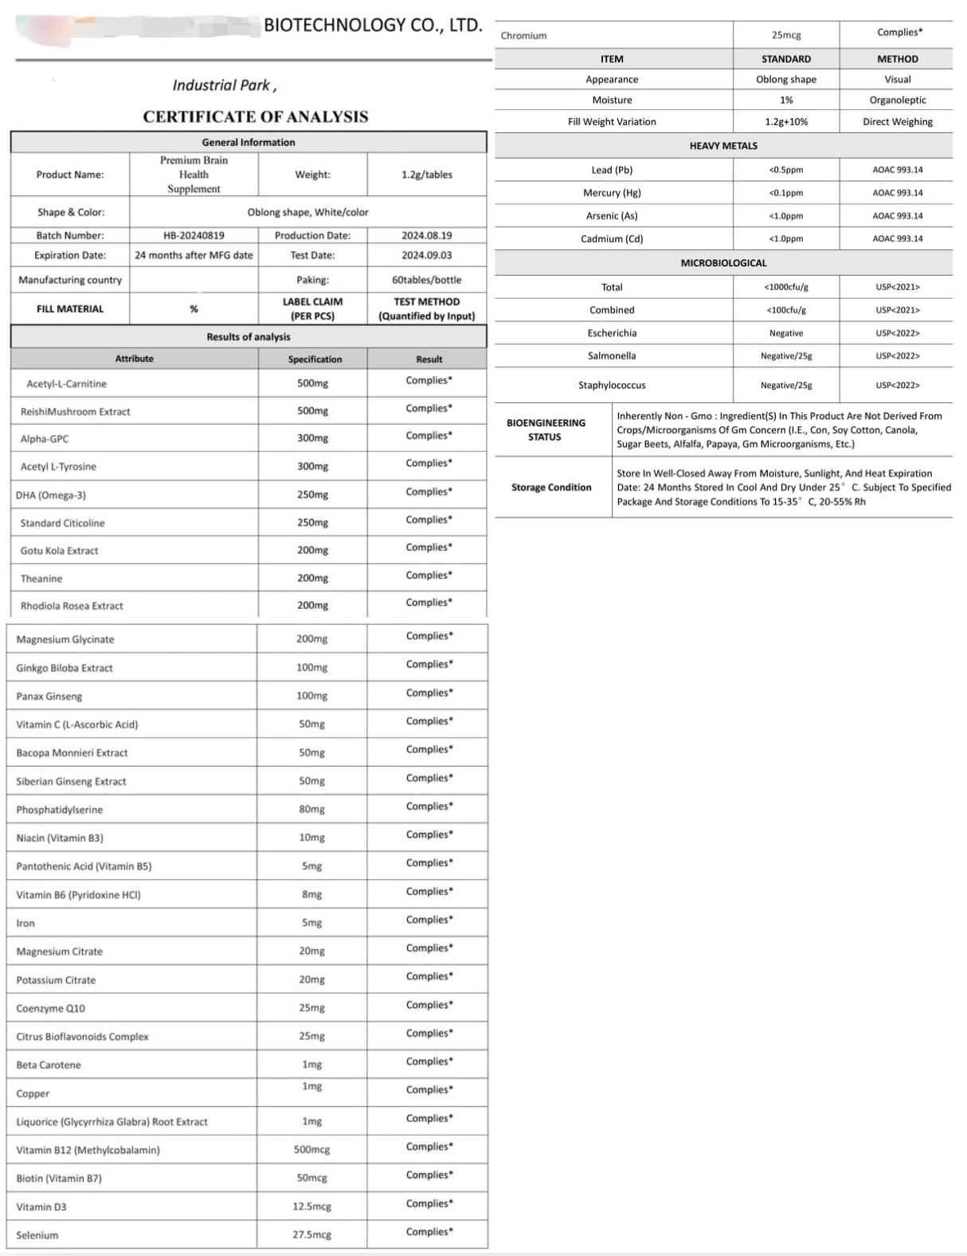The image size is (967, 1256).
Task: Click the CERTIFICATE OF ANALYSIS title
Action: tap(256, 116)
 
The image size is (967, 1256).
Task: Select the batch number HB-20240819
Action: tap(194, 236)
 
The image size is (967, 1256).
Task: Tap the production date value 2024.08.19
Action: tap(426, 236)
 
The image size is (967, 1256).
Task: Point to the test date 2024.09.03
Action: tap(426, 255)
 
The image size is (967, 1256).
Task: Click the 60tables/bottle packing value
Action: tap(426, 280)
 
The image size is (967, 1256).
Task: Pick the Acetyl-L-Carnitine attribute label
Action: tap(66, 383)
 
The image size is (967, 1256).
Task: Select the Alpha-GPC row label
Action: tap(44, 439)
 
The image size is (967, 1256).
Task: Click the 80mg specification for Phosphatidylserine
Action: tap(311, 809)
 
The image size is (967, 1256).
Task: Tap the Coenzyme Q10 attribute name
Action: tap(50, 1008)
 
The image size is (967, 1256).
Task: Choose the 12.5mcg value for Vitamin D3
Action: tap(311, 1206)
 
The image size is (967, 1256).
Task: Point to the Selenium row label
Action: tap(37, 1234)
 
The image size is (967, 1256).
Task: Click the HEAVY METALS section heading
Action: tap(723, 146)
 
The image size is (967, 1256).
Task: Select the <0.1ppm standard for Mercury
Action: tap(785, 193)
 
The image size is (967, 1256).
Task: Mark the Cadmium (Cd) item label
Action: tap(612, 238)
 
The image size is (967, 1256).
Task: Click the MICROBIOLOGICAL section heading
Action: tap(723, 263)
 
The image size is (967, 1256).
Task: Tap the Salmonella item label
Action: tap(612, 355)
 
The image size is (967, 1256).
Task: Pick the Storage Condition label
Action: tap(551, 487)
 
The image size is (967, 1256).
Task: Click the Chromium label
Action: tap(523, 36)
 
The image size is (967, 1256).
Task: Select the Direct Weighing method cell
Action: tap(897, 122)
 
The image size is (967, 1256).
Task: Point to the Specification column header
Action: tap(315, 359)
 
